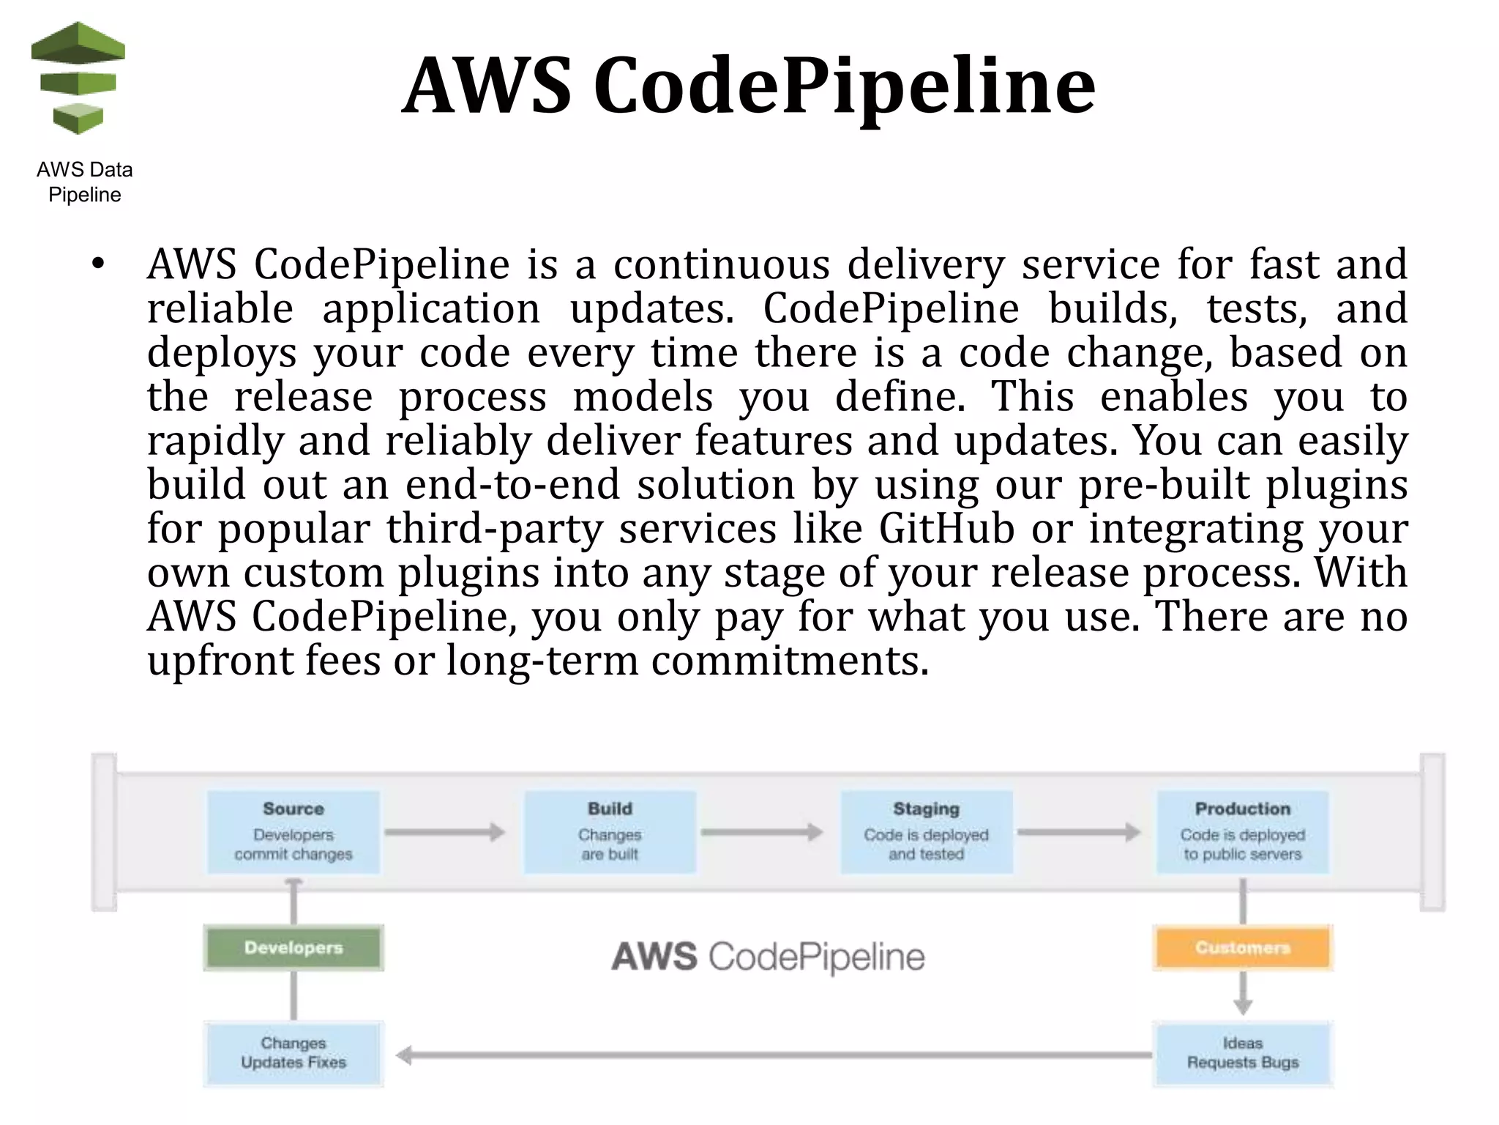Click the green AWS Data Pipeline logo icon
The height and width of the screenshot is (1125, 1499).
coord(78,79)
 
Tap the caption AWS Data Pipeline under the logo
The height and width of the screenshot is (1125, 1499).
coord(84,182)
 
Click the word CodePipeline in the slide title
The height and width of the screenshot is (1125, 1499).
coord(844,86)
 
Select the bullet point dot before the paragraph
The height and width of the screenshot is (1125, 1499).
coord(98,264)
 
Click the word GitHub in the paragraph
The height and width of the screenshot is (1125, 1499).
coord(946,528)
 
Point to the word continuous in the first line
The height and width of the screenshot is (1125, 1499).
coord(721,264)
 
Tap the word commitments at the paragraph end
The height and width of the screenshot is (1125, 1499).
coord(789,660)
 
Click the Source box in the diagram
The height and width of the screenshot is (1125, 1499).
coord(294,832)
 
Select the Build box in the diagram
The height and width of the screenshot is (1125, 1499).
coord(610,832)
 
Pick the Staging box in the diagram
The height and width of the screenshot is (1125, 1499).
coord(926,832)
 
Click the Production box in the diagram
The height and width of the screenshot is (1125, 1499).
coord(1242,832)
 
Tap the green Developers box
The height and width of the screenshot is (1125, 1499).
coord(294,948)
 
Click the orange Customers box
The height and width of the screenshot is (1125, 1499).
coord(1242,948)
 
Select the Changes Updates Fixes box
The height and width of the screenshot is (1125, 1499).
coord(294,1052)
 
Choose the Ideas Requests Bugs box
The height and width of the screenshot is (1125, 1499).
coord(1242,1052)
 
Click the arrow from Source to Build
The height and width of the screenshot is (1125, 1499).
coord(445,832)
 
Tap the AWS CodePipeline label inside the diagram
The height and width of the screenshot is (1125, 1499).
coord(768,957)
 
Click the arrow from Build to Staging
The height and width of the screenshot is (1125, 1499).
coord(761,832)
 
